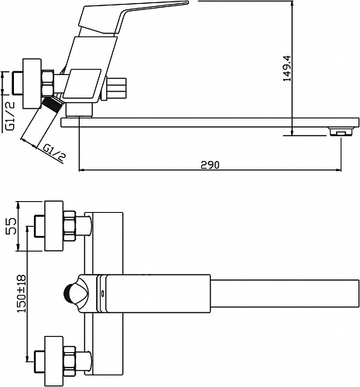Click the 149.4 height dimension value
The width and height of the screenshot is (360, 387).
[287, 68]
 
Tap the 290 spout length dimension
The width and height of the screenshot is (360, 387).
[210, 165]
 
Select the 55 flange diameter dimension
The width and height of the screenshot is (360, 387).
[11, 226]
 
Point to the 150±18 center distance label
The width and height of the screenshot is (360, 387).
[22, 293]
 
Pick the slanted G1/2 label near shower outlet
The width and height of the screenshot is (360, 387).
[54, 153]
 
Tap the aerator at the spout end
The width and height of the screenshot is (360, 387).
[341, 132]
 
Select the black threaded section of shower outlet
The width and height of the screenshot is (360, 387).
[53, 104]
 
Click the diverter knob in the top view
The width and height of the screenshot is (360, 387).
[77, 293]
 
